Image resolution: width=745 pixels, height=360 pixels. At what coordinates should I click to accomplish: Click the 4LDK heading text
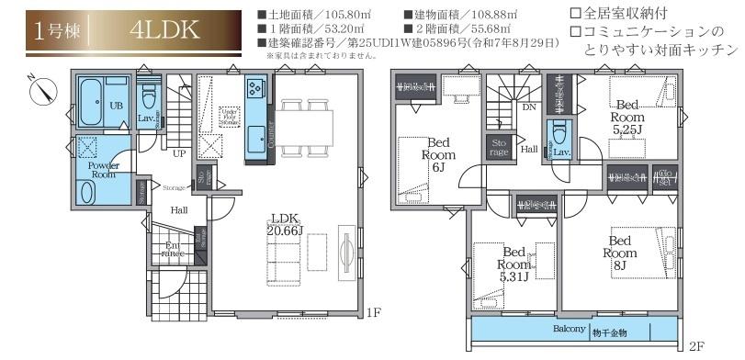click(x=158, y=29)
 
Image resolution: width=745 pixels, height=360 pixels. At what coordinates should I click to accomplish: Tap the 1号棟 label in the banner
click(x=56, y=29)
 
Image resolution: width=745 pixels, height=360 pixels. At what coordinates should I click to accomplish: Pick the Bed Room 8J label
click(x=621, y=252)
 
